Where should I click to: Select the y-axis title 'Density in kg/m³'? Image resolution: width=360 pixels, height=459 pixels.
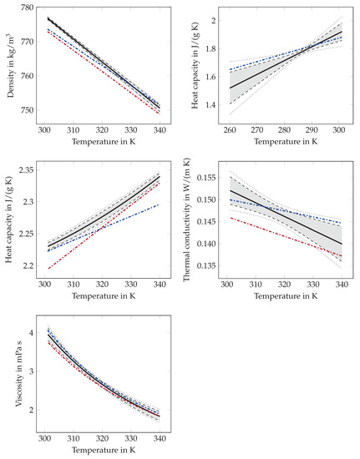click(x=8, y=64)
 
